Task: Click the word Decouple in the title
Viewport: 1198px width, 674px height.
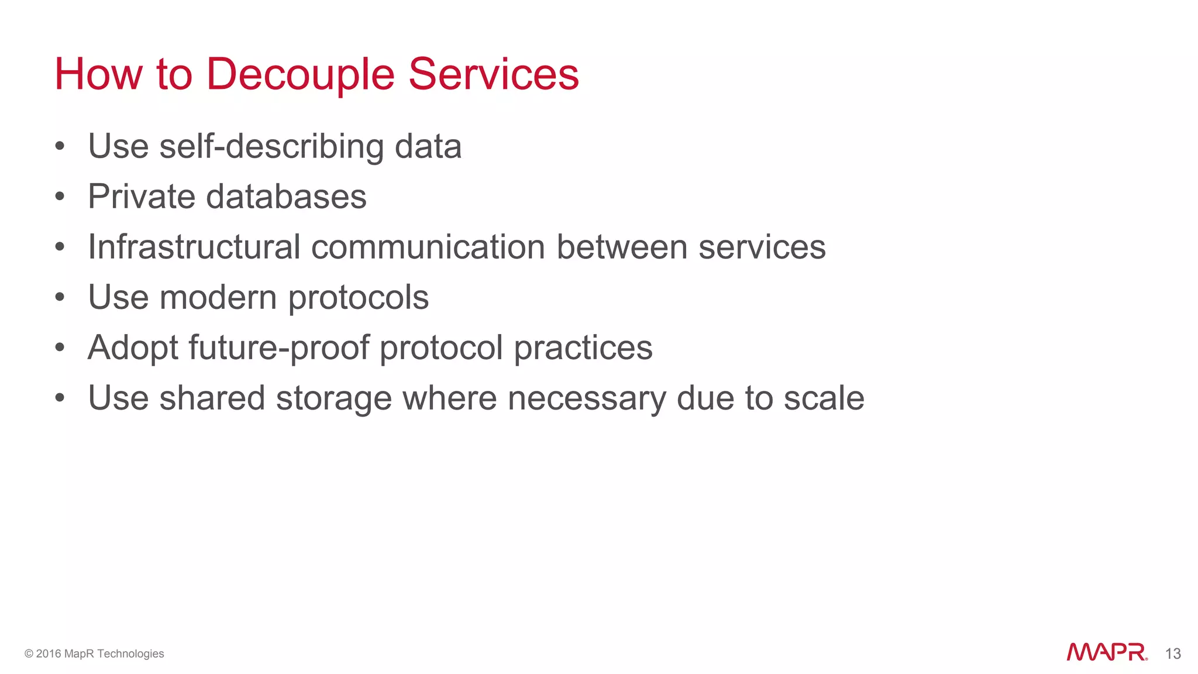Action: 301,75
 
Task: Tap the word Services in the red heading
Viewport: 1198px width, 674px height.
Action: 493,74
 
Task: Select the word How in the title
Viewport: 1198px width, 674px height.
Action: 98,74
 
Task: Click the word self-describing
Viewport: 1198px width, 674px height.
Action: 271,146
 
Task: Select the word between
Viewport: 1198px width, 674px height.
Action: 622,247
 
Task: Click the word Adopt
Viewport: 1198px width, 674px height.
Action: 133,348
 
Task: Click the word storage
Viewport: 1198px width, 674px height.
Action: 333,398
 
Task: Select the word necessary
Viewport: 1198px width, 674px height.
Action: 587,398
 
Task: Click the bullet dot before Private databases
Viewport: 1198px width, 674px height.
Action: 60,197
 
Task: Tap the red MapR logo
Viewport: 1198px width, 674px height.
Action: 1106,652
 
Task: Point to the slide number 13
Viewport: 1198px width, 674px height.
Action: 1173,654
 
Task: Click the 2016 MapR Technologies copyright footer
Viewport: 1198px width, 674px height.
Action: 94,654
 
